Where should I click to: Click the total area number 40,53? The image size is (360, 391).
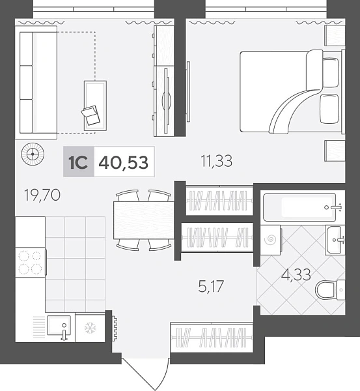[x=124, y=162]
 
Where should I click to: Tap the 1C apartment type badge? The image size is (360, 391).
[x=79, y=162]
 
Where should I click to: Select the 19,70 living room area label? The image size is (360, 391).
[x=42, y=195]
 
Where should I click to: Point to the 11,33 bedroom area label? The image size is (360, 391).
[x=217, y=161]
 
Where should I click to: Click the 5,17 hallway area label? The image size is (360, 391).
[x=211, y=286]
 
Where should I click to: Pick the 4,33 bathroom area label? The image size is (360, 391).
[x=296, y=274]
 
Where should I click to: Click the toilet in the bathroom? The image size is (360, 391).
[x=330, y=290]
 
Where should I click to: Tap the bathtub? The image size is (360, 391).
[x=299, y=207]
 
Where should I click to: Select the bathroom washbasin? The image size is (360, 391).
[x=335, y=240]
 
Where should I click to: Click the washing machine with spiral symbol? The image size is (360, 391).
[x=271, y=240]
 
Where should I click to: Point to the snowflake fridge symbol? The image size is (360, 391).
[x=90, y=328]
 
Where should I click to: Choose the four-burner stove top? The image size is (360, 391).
[x=30, y=263]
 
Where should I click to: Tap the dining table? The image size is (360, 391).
[x=143, y=220]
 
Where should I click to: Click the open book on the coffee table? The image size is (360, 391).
[x=90, y=115]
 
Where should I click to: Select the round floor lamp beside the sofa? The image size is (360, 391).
[x=33, y=153]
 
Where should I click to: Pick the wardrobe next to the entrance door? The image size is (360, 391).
[x=212, y=338]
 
